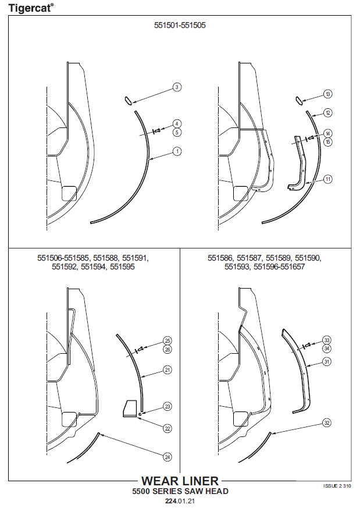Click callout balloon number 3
(177, 87)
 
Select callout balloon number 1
(177, 151)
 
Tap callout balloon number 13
(328, 94)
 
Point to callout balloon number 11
(328, 179)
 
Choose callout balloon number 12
(328, 113)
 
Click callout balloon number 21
(167, 370)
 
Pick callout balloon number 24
(167, 457)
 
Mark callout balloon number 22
(167, 428)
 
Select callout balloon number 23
(167, 406)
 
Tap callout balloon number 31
(327, 361)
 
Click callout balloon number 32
(327, 423)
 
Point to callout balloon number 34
(327, 349)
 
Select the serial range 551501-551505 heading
(180, 25)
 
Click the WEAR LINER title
(180, 481)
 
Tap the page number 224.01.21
(180, 501)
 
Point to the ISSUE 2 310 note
(337, 486)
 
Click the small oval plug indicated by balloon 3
(128, 100)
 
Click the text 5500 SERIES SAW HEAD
(180, 492)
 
